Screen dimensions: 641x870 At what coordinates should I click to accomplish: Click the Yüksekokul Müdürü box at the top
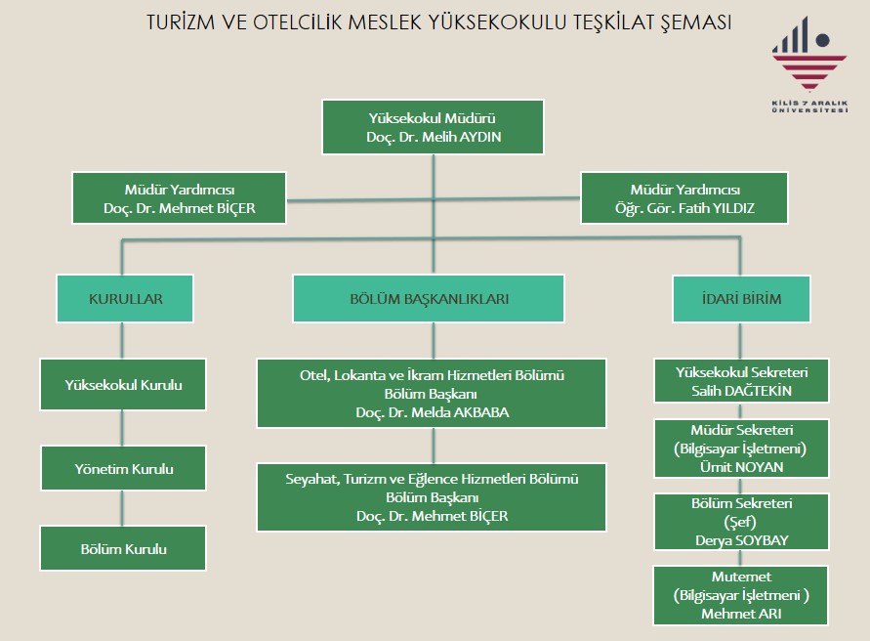click(x=433, y=127)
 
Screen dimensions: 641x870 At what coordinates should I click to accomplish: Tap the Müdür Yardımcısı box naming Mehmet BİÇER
click(x=179, y=198)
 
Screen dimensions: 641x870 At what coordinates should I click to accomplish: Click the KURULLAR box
click(x=125, y=299)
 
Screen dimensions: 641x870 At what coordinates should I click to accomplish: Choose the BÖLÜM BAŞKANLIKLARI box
click(x=429, y=299)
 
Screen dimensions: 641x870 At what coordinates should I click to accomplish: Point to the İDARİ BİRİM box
click(x=741, y=299)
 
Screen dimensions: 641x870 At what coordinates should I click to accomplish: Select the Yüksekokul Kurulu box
click(x=123, y=384)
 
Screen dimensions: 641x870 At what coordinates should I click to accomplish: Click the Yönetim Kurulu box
click(x=123, y=469)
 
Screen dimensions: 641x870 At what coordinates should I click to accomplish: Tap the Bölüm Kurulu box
click(x=123, y=548)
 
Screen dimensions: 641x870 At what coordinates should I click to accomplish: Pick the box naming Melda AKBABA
click(x=432, y=394)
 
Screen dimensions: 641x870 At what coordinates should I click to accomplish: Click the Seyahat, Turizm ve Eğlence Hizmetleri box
click(x=432, y=497)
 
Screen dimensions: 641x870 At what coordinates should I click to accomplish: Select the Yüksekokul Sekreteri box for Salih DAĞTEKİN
click(x=741, y=381)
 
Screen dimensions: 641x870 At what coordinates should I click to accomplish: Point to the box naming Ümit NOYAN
click(x=741, y=449)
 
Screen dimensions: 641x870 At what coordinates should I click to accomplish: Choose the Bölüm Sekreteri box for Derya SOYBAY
click(x=741, y=521)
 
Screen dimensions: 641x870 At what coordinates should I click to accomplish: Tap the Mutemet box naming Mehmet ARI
click(x=741, y=596)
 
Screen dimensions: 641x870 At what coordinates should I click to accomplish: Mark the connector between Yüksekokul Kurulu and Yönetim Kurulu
click(x=123, y=427)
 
